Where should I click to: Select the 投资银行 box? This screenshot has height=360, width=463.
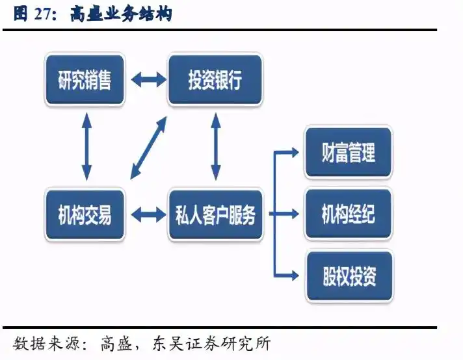(215, 81)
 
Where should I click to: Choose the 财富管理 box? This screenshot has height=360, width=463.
(349, 153)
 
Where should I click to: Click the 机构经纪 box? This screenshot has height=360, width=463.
(349, 214)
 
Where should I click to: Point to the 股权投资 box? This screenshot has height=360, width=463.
(349, 276)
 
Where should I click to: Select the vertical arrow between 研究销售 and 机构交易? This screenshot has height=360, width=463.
(85, 147)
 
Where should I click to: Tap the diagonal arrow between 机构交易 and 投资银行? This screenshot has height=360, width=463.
(148, 148)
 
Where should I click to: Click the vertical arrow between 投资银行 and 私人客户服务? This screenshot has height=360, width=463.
(215, 147)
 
